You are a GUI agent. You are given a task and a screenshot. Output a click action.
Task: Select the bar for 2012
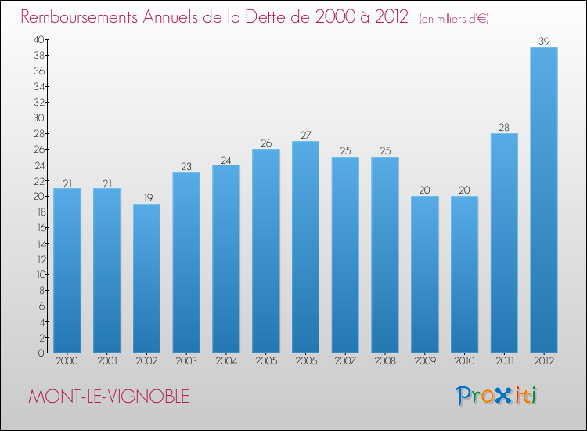pos(544,200)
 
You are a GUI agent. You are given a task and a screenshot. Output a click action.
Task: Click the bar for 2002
pos(146,278)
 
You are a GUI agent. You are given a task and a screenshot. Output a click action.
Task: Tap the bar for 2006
pos(305,247)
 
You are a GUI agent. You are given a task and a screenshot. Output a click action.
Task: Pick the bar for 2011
pos(504,243)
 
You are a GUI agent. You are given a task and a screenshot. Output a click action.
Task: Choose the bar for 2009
pos(425,274)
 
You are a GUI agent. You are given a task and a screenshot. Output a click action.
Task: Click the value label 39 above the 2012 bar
pos(544,40)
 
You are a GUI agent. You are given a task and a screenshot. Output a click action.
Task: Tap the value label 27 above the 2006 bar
pos(305,135)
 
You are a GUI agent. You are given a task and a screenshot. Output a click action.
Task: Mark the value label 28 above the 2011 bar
pos(504,127)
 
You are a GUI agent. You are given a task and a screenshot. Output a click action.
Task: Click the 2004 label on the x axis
pos(226,362)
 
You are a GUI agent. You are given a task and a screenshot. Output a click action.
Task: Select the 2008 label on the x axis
pos(385,362)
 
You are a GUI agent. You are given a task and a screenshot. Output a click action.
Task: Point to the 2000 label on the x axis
pos(67,362)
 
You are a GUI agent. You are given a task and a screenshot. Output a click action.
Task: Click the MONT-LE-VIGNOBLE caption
pos(108,397)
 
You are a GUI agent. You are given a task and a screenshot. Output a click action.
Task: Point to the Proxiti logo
pos(496,396)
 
